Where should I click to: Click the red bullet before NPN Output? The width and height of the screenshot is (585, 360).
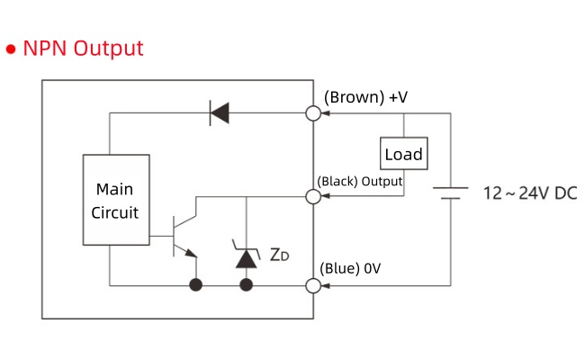pos(12,49)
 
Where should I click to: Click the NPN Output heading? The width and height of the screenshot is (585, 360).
pos(83,48)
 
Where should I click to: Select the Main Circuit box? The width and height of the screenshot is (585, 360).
pos(115,200)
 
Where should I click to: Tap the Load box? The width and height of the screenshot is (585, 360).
pos(403,154)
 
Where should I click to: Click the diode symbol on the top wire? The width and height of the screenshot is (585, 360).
pos(219,112)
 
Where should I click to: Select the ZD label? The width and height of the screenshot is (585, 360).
pos(280,255)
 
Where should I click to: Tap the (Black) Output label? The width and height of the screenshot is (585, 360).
pos(359,181)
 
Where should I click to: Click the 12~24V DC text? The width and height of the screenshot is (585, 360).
pos(530,193)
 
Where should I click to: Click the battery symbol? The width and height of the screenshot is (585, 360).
pos(449,193)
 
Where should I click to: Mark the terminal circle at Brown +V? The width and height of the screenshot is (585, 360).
pos(313,112)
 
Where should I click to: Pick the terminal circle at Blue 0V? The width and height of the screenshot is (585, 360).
pos(313,285)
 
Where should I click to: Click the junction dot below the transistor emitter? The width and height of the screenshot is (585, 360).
pos(194,285)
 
